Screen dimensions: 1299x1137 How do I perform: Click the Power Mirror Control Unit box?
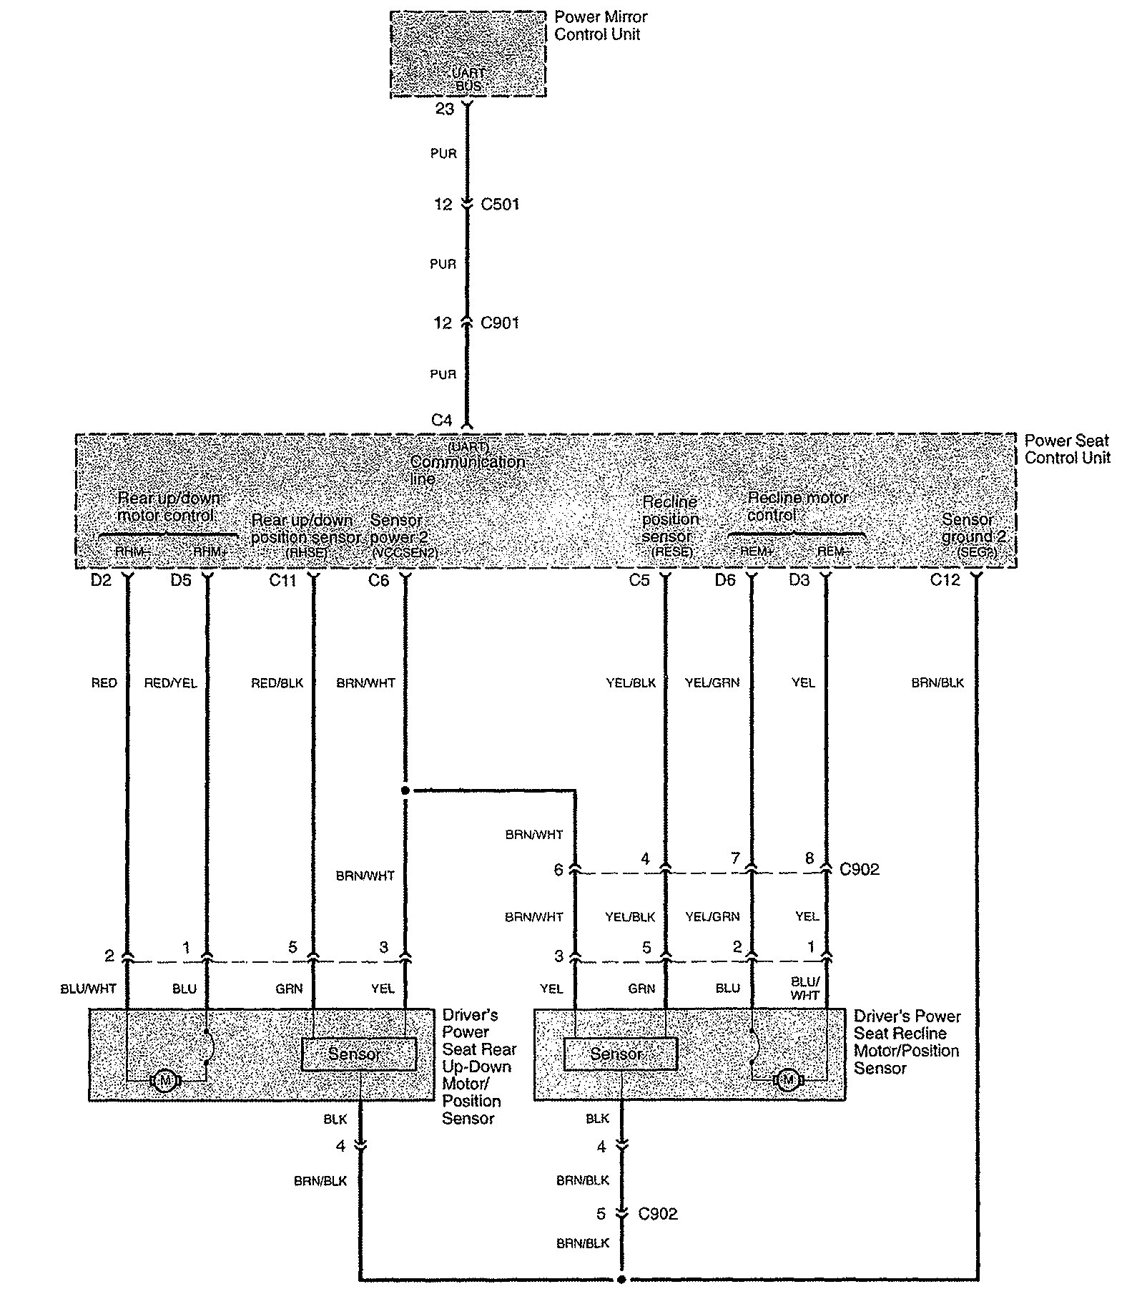coord(468,54)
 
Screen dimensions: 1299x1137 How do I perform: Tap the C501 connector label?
coord(500,205)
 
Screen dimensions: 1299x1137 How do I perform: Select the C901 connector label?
coord(500,323)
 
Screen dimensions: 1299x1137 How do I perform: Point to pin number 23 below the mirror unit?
coord(445,109)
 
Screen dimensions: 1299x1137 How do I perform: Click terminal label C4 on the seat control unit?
coord(442,421)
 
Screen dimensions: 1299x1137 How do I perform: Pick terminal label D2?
coord(102,580)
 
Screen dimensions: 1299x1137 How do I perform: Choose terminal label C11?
coord(282,580)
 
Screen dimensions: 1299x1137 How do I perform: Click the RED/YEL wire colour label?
coord(170,683)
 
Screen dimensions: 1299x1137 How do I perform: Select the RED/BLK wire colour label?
coord(277,683)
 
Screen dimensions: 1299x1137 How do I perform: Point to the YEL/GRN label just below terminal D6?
coord(712,683)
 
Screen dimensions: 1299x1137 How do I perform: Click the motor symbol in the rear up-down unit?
coord(165,1080)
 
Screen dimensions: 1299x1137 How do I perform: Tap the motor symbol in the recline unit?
coord(788,1079)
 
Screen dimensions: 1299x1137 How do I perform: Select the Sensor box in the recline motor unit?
coord(620,1054)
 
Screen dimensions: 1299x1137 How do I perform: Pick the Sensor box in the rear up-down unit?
coord(358,1054)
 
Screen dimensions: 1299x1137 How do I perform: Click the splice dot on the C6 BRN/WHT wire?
coord(405,790)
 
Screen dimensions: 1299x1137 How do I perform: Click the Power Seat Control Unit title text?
coord(1067,449)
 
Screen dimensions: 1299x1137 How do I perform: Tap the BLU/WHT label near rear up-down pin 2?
coord(88,989)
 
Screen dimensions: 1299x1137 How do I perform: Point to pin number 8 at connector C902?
coord(809,858)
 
